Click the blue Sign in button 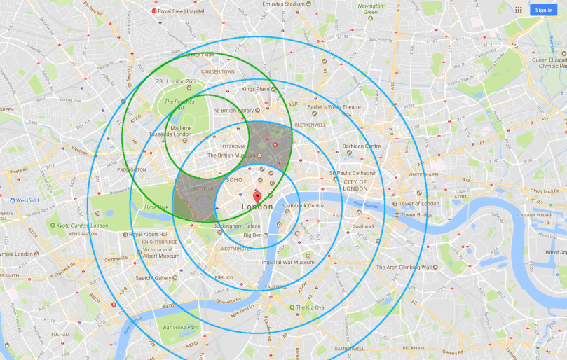543,10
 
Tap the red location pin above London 257,197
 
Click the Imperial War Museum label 288,263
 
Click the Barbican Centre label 362,146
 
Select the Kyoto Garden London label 83,226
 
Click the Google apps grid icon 518,10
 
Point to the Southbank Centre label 302,206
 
